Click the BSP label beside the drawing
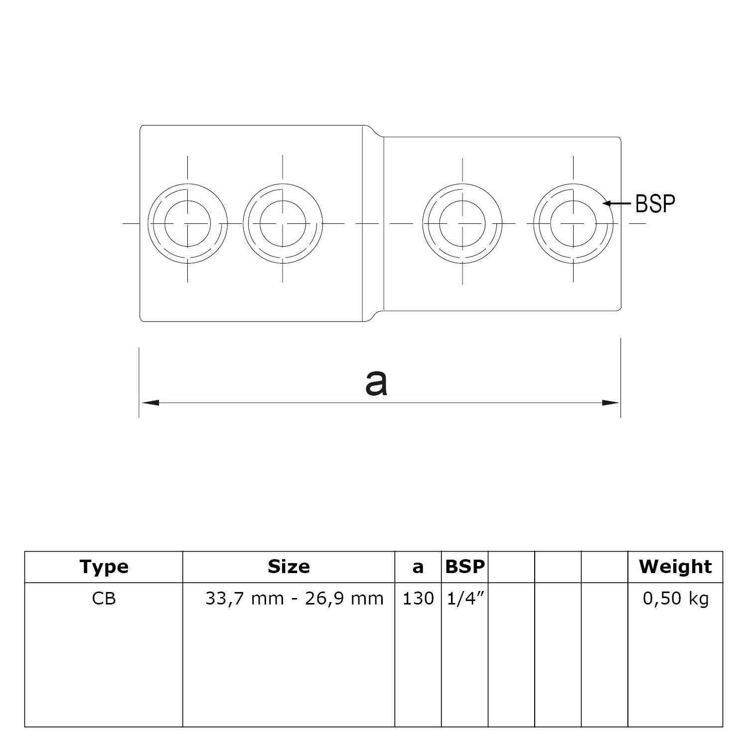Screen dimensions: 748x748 pos(655,203)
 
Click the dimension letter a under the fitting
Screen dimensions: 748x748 pos(376,383)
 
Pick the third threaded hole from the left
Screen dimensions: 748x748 pos(462,223)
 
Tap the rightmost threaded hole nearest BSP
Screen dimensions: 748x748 pos(573,223)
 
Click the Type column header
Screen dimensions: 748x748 pos(104,567)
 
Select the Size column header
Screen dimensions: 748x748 pos(289,567)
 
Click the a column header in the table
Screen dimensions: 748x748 pos(418,567)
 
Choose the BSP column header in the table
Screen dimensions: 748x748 pos(464,567)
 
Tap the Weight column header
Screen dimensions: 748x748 pos(675,567)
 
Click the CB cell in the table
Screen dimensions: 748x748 pos(104,598)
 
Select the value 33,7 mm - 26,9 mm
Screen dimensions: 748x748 pos(294,598)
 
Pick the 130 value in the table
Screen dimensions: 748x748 pos(418,598)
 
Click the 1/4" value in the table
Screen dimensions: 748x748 pos(464,598)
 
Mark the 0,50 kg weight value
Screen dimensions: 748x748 pos(675,598)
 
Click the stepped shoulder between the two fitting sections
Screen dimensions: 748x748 pos(373,223)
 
